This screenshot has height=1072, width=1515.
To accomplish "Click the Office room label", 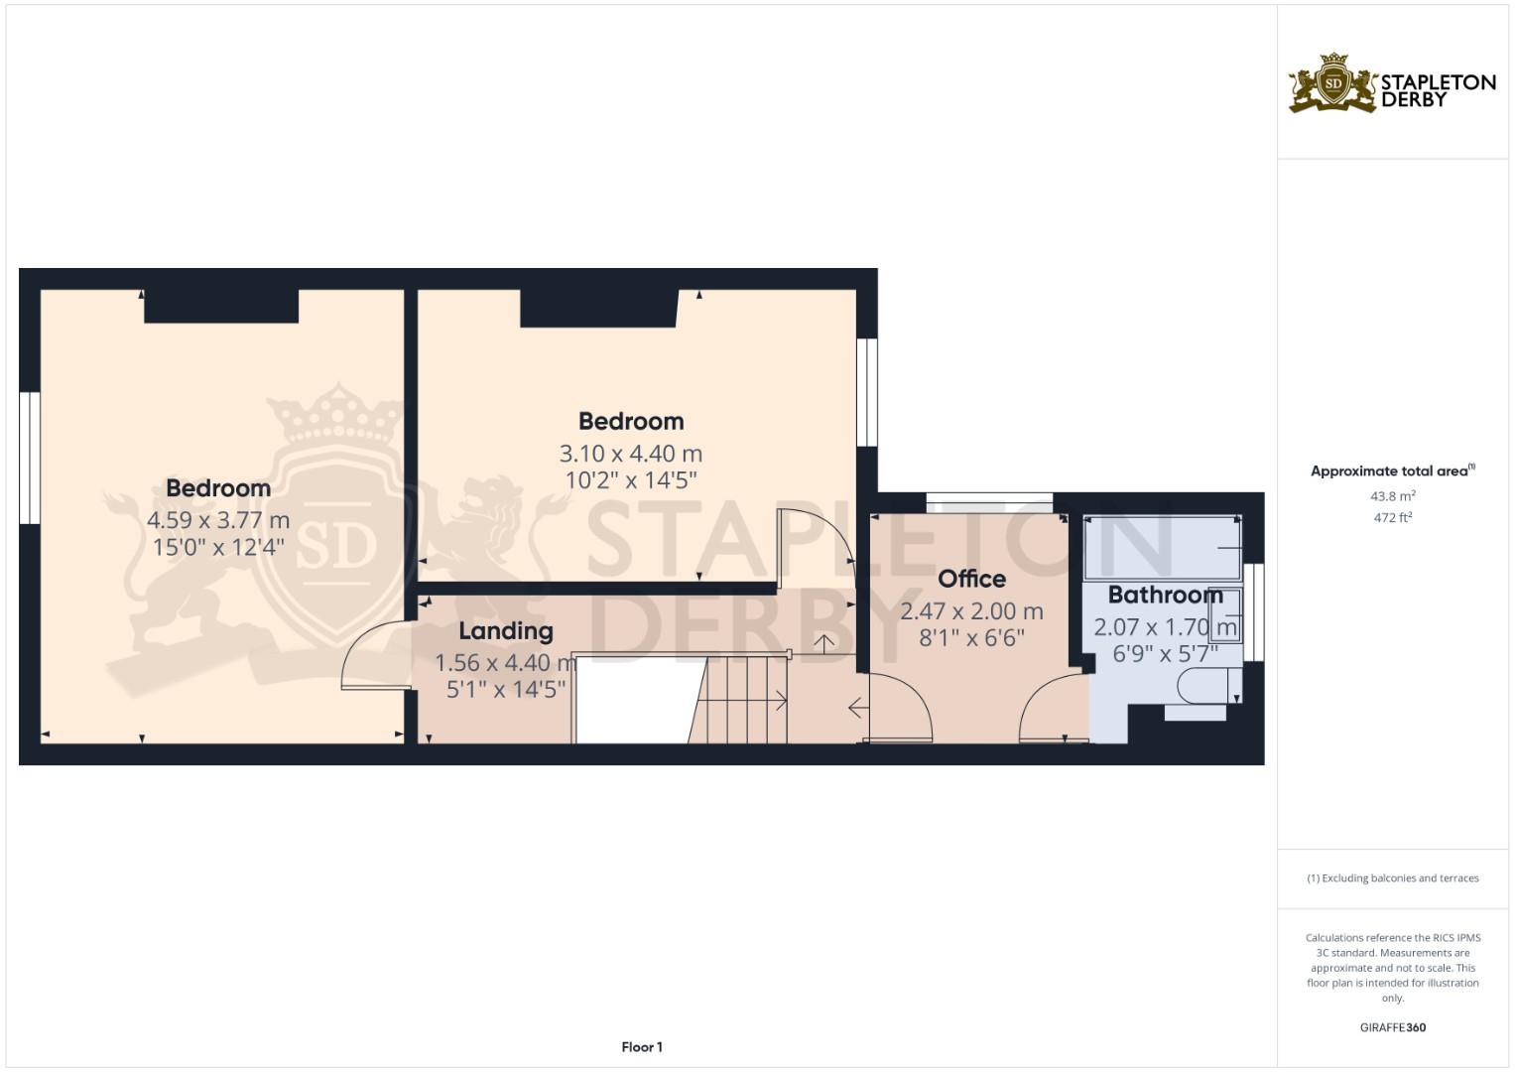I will [971, 579].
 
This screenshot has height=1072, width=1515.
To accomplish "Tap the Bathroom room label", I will [1165, 596].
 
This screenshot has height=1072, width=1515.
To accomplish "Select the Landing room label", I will [505, 631].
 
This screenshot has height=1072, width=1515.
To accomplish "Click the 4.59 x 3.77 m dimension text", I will [218, 520].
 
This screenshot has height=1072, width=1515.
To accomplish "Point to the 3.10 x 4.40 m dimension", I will [631, 454].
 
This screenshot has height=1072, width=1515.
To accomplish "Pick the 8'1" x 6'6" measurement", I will [971, 638].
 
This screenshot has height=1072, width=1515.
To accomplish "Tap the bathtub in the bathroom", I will [1162, 547].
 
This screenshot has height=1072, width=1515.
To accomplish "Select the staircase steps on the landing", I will [742, 700].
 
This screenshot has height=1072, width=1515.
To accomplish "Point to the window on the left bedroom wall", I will [30, 458].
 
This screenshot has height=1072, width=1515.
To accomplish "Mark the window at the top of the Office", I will [989, 502].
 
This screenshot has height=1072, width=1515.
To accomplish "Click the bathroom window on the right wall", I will [1255, 611].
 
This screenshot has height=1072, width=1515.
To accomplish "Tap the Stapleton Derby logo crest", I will [1333, 83].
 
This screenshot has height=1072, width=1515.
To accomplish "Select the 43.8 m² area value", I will [1392, 495].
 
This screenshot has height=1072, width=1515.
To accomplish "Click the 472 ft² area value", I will [1392, 517].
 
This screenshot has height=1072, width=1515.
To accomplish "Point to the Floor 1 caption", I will [642, 1047].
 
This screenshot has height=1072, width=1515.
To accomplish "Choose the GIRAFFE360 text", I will [1392, 1027].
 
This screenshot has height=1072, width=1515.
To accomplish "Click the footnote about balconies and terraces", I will [1392, 878].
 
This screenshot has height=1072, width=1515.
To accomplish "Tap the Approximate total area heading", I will [1392, 471].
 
